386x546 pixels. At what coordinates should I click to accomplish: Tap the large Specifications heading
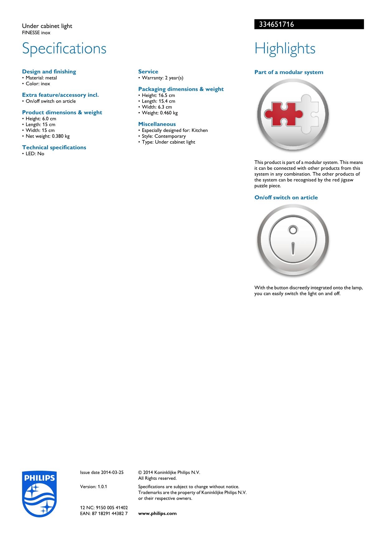point(64,49)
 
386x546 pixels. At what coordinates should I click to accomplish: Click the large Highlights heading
point(285,49)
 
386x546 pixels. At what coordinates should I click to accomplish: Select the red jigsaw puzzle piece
point(283,114)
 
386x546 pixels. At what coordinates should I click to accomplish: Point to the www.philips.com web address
point(157,513)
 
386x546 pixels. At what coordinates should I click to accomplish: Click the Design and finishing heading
point(49,72)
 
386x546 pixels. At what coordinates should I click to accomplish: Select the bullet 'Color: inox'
point(38,84)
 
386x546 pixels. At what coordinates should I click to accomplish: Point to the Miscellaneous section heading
point(157,124)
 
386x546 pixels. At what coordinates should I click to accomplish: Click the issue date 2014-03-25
point(102,472)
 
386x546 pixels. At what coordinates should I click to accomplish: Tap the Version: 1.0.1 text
point(93,487)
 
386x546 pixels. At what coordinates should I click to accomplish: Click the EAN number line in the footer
point(104,513)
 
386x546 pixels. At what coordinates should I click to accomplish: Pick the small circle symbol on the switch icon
point(293,230)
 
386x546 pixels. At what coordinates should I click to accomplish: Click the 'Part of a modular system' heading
point(289,72)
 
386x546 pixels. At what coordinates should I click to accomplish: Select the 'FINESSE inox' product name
point(36,33)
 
